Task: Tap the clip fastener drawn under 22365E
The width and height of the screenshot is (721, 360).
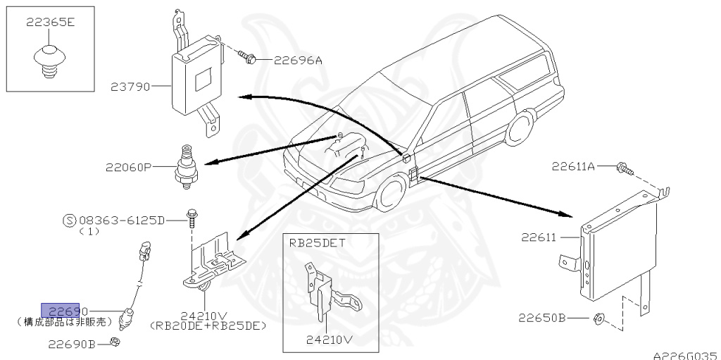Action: tap(46, 59)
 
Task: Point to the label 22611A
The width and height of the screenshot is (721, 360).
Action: tap(573, 167)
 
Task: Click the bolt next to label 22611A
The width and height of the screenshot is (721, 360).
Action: tap(622, 168)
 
